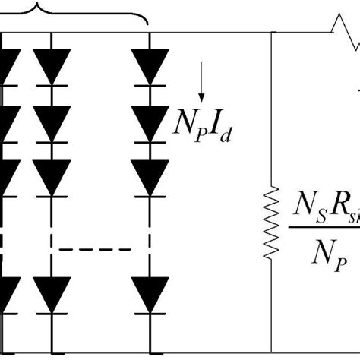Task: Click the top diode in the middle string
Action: [52, 68]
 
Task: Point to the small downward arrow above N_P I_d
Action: [201, 92]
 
